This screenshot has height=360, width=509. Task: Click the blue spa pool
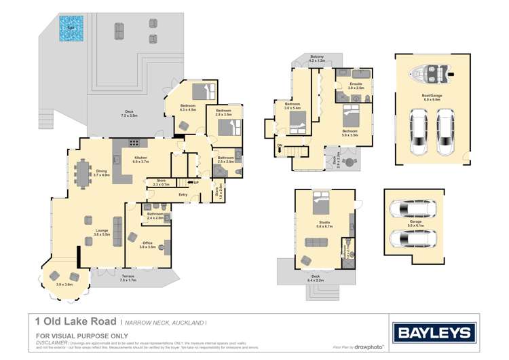pos(70,29)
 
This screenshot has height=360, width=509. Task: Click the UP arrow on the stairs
pos(195,183)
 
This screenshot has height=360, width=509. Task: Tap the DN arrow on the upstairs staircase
pos(280,146)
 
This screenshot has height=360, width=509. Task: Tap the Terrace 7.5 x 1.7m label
pos(128,278)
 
